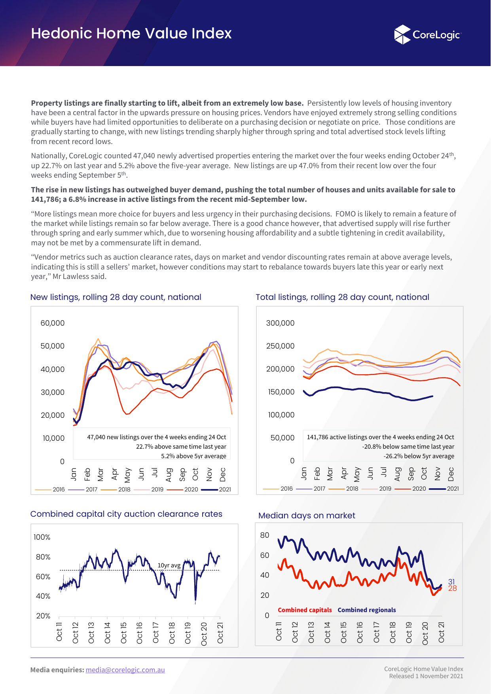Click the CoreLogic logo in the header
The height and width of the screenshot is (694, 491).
point(428,35)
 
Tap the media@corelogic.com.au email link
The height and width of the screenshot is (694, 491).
point(125,670)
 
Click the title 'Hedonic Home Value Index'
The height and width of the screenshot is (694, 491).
point(131,34)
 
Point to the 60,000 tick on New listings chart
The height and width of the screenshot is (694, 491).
point(53,323)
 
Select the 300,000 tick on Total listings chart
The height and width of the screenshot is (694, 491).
point(281,323)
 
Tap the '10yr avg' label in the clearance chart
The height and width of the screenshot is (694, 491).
point(169,565)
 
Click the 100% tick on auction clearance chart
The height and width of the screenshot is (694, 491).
point(42,537)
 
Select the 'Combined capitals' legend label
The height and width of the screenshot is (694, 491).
point(305,610)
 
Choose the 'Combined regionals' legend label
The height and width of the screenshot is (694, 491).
point(367,610)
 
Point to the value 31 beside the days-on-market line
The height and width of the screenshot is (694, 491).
point(451,582)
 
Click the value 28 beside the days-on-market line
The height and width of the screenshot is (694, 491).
point(452,588)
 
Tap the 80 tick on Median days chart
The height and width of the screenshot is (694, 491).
point(265,535)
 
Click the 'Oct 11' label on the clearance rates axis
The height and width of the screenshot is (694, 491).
point(59,631)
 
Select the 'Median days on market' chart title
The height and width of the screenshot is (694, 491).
point(307,516)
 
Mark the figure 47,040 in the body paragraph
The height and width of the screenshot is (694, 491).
point(144,156)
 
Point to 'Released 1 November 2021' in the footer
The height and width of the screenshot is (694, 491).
point(426,676)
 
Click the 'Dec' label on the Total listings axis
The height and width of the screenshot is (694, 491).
point(451,474)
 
